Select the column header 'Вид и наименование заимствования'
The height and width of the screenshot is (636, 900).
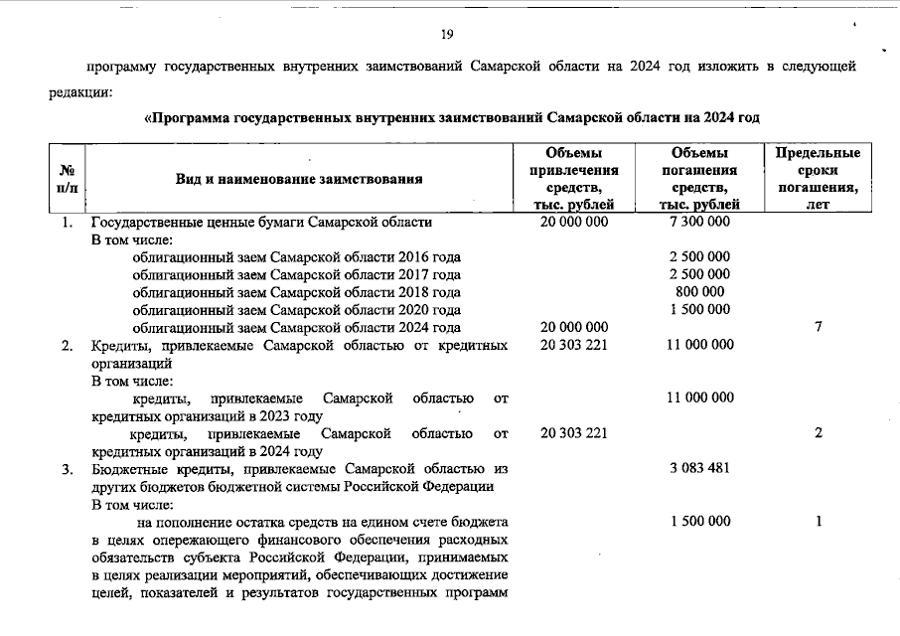click(x=299, y=179)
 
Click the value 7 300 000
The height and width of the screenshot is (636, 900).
click(x=699, y=222)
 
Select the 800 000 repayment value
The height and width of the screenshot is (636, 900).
click(x=699, y=291)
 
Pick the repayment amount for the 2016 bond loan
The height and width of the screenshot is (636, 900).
click(x=699, y=256)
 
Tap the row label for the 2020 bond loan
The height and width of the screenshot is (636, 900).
click(x=296, y=309)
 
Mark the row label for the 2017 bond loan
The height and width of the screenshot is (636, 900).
click(x=296, y=274)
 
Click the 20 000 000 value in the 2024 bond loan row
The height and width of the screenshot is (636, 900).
click(x=574, y=327)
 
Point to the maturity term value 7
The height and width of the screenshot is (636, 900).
click(x=818, y=327)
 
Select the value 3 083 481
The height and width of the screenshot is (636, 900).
click(x=699, y=468)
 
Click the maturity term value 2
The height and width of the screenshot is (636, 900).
click(x=818, y=433)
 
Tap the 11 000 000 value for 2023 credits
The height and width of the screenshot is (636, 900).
click(x=699, y=397)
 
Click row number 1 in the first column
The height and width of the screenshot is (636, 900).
click(x=67, y=222)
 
